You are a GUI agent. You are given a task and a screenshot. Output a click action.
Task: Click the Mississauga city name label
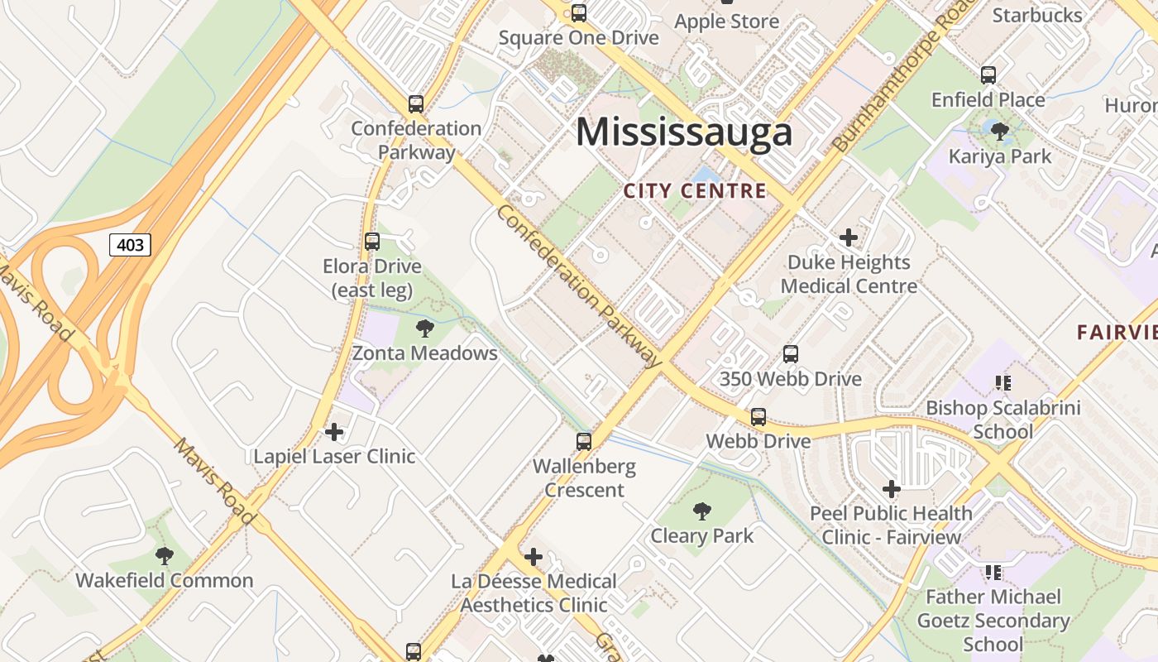(x=684, y=132)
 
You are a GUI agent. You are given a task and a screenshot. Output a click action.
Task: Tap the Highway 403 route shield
(x=131, y=244)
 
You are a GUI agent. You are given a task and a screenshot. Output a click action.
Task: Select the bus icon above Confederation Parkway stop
(x=416, y=104)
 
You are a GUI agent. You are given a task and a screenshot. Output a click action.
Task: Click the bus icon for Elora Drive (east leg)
(x=372, y=242)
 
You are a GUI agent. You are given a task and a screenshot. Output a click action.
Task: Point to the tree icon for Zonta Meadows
(x=425, y=329)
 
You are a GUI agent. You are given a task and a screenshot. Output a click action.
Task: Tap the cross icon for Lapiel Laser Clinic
(x=334, y=432)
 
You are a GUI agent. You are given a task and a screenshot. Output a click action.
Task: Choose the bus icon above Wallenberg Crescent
(x=584, y=442)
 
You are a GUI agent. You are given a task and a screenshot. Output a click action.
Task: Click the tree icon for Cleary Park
(x=702, y=511)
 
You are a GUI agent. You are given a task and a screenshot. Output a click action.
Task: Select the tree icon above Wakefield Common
(x=165, y=556)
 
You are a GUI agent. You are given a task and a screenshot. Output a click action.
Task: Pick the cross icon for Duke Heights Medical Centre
(x=849, y=238)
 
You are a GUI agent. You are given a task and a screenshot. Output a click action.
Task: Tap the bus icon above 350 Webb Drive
(x=791, y=354)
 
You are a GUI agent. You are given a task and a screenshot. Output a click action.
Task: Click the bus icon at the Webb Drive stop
(x=758, y=417)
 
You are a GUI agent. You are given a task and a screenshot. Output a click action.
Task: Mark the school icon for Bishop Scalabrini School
(x=1003, y=383)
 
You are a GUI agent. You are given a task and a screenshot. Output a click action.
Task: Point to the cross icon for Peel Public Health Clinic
(x=891, y=489)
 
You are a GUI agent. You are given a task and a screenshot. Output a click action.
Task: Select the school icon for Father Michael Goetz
(x=993, y=572)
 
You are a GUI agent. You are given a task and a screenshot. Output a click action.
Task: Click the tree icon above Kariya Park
(x=1000, y=131)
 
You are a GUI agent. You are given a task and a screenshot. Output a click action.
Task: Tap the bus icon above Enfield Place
(x=988, y=75)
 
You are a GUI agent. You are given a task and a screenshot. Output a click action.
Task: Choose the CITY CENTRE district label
(x=695, y=191)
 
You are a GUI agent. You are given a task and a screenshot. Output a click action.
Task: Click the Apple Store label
(x=727, y=22)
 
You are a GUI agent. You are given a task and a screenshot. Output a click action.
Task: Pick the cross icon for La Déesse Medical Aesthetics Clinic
(x=534, y=557)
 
